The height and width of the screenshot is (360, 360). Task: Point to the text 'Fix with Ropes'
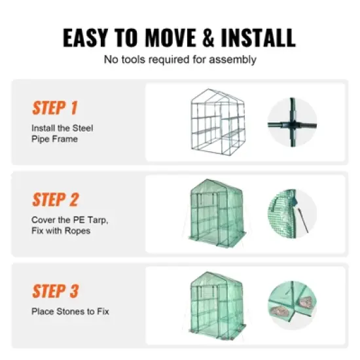[x=60, y=230]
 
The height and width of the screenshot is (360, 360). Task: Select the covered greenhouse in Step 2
[x=217, y=213]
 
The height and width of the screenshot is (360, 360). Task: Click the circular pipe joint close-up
[x=291, y=122]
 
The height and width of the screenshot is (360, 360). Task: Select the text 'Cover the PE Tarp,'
[x=69, y=220]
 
